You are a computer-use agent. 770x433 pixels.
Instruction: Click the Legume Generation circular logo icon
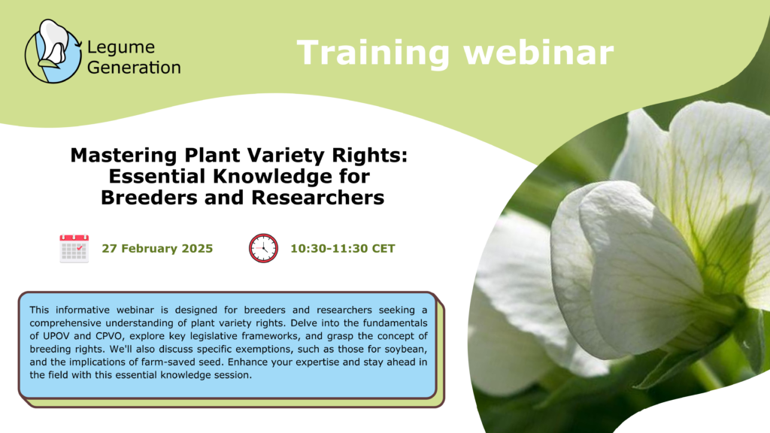53,51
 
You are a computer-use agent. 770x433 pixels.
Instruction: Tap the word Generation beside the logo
134,68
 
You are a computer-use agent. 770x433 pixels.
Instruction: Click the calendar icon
74,248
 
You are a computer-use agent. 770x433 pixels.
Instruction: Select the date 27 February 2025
157,249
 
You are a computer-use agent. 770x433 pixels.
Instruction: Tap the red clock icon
263,248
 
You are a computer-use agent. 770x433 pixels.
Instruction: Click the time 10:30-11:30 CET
343,249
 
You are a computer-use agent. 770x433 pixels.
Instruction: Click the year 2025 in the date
196,249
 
